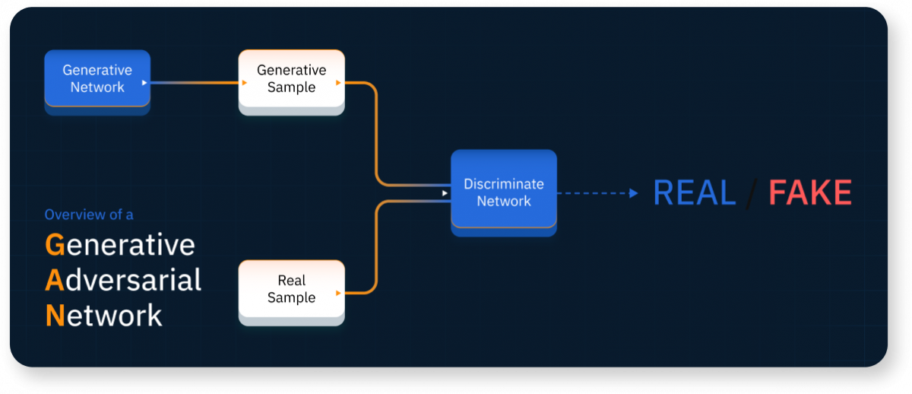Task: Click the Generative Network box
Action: [97, 78]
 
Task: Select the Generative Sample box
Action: [291, 78]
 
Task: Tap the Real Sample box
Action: [291, 289]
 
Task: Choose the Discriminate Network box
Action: [503, 192]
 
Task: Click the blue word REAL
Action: [694, 192]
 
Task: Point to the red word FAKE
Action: [809, 192]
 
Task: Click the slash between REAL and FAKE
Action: [752, 193]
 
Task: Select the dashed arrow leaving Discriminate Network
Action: [597, 193]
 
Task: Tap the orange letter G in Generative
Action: [54, 245]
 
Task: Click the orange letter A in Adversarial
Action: [54, 280]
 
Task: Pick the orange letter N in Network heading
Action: [54, 315]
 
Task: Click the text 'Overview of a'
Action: [89, 215]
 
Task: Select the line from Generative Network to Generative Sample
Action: [194, 82]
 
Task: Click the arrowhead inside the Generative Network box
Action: [144, 82]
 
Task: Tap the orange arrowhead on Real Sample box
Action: [338, 293]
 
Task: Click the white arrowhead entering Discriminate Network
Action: [445, 193]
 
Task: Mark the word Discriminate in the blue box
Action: [503, 184]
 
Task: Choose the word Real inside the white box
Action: [291, 281]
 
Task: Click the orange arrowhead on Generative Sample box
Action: [338, 82]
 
